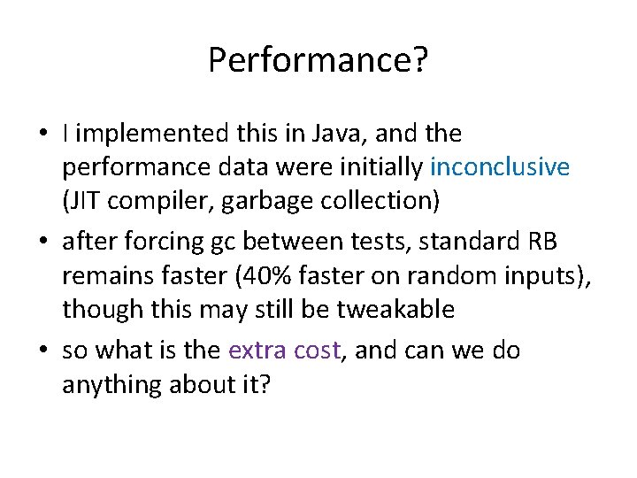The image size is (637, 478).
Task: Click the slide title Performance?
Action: point(318,60)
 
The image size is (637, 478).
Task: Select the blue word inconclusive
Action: point(500,167)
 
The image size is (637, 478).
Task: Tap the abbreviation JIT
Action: point(83,201)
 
